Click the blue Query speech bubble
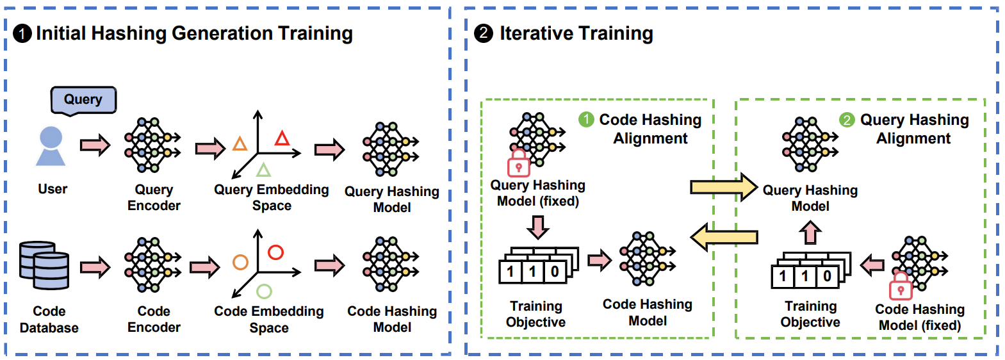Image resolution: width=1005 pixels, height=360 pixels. pyautogui.click(x=83, y=100)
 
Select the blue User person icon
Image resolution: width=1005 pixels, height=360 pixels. pyautogui.click(x=51, y=147)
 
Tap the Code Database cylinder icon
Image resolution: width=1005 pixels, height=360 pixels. pyautogui.click(x=44, y=265)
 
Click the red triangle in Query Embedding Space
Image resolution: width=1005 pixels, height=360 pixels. pyautogui.click(x=282, y=138)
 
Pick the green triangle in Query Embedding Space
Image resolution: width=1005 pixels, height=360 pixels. pyautogui.click(x=263, y=170)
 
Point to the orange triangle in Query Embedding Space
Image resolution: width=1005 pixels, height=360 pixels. pyautogui.click(x=240, y=143)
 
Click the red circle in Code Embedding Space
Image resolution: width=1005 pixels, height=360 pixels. pyautogui.click(x=275, y=252)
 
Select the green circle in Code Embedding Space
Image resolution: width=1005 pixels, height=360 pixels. pyautogui.click(x=264, y=291)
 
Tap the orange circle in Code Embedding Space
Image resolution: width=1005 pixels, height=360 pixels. pyautogui.click(x=240, y=262)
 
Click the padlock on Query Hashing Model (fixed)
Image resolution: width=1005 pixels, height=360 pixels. pyautogui.click(x=518, y=164)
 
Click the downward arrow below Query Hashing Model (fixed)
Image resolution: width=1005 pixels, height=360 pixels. pyautogui.click(x=538, y=227)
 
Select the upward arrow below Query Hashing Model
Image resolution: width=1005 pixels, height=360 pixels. pyautogui.click(x=810, y=232)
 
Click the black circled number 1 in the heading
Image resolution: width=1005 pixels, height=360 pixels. pyautogui.click(x=22, y=33)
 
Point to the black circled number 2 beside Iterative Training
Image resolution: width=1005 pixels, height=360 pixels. pyautogui.click(x=484, y=33)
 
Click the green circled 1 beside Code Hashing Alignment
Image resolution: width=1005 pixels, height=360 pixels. pyautogui.click(x=586, y=120)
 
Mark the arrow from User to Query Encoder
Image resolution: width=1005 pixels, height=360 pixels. pyautogui.click(x=95, y=145)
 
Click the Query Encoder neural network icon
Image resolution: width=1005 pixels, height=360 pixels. pyautogui.click(x=152, y=145)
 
